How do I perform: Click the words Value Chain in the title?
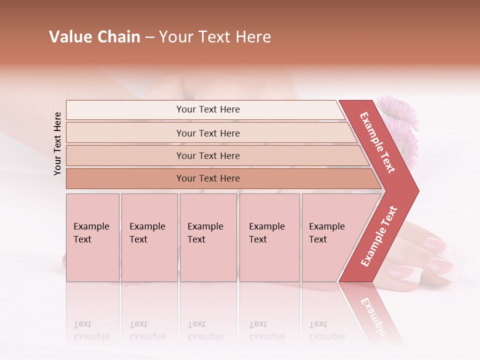coord(94,37)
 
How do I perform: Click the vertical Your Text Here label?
coord(57,143)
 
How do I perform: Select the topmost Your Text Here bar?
coord(208,109)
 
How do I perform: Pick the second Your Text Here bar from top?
coord(208,133)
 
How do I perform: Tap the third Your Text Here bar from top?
coord(208,155)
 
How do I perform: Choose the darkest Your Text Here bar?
coord(208,178)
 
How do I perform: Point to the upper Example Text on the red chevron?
coord(378,142)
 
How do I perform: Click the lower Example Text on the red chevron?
coord(379,236)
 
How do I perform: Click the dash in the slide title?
coord(149,37)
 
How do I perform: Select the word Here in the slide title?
coord(253,37)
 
